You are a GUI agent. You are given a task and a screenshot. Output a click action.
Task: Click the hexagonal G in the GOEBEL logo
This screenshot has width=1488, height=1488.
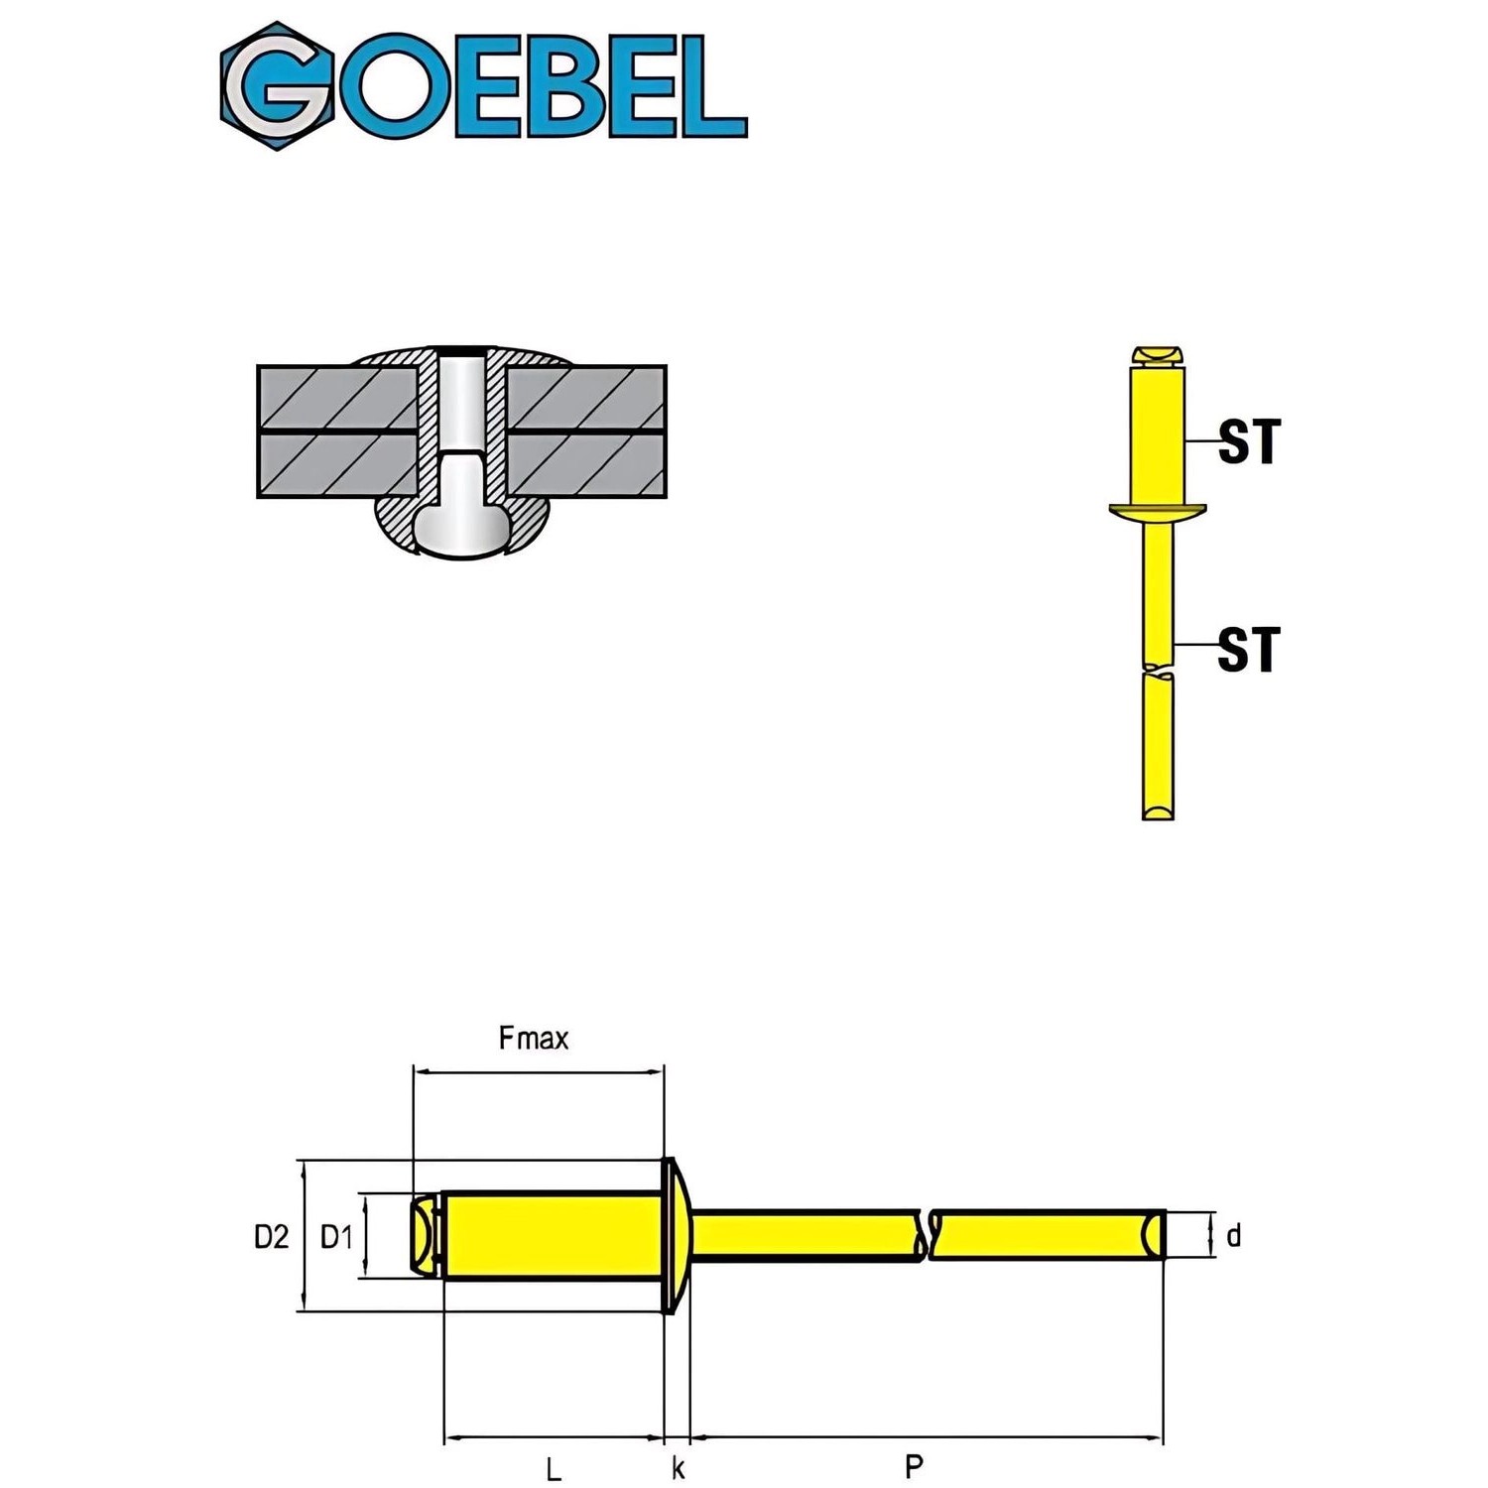pyautogui.click(x=277, y=86)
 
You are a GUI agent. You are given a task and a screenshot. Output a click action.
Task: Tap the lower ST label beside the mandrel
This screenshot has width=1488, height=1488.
pyautogui.click(x=1249, y=650)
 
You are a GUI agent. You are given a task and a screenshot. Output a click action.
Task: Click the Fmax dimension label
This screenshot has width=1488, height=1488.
pyautogui.click(x=534, y=1039)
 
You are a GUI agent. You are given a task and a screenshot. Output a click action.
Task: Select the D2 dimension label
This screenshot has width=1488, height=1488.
pyautogui.click(x=271, y=1236)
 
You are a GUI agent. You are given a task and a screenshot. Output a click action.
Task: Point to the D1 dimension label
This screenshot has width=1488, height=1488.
pyautogui.click(x=336, y=1236)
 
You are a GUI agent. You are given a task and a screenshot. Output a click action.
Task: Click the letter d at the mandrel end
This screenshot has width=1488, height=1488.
pyautogui.click(x=1233, y=1235)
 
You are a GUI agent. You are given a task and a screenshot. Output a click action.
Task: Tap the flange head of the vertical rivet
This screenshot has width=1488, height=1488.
pyautogui.click(x=1158, y=511)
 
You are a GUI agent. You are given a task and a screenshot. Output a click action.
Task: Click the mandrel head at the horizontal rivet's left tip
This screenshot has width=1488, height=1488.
pyautogui.click(x=425, y=1235)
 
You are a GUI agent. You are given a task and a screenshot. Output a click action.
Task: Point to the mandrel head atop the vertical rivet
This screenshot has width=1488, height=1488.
pyautogui.click(x=1158, y=355)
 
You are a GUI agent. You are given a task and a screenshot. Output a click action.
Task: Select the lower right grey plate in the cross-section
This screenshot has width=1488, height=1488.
pyautogui.click(x=585, y=464)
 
